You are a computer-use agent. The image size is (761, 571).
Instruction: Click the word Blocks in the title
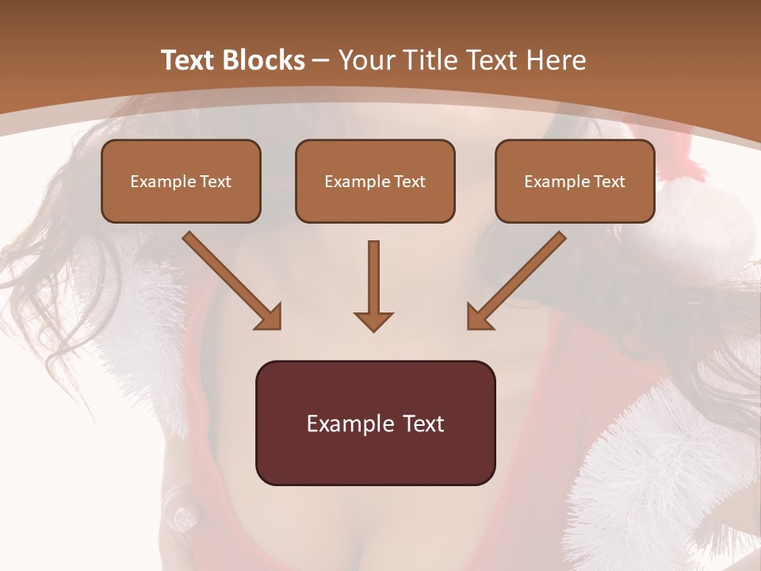coord(264,60)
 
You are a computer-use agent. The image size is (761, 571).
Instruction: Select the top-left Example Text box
coord(181,181)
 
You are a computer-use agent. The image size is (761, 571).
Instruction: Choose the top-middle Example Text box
coord(375,181)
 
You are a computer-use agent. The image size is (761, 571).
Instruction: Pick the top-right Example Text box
coord(575,181)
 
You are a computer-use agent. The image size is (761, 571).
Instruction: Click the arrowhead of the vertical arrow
coord(373,320)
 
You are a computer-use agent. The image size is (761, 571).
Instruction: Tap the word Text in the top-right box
coord(609,181)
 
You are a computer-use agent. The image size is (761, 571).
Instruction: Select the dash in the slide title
coord(321,60)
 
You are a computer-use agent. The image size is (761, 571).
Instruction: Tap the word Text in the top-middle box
coord(409,181)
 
